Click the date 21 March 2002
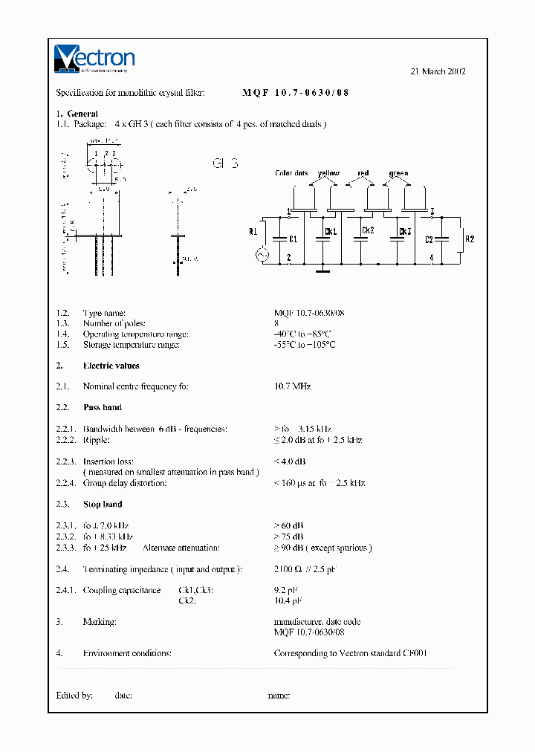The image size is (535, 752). tap(438, 71)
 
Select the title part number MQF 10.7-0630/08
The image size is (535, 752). tap(295, 93)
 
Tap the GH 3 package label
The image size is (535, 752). tap(225, 163)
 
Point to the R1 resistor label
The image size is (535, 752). tap(253, 231)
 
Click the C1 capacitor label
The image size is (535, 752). tap(293, 239)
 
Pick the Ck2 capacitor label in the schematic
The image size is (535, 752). tap(367, 230)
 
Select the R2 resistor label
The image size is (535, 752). tap(469, 239)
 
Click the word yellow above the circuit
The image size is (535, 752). tap(328, 174)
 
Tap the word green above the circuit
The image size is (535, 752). tap(398, 174)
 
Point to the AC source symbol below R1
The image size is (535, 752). tap(262, 255)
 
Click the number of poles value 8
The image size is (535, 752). tap(276, 324)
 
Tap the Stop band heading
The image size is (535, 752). tap(103, 505)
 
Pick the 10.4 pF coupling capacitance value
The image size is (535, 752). tap(288, 600)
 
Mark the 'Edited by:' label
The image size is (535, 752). tap(74, 696)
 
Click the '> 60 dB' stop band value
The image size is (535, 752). tap(289, 525)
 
